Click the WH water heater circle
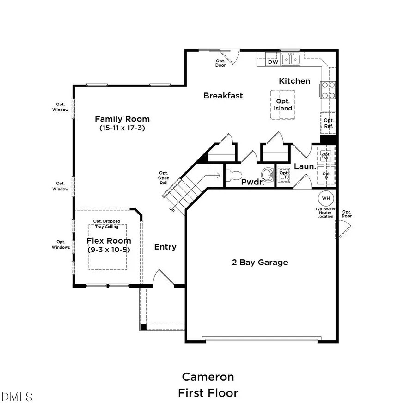click(x=326, y=198)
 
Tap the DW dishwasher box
click(x=273, y=61)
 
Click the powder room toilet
click(x=233, y=175)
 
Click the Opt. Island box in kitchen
click(x=283, y=105)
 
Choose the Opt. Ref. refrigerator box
click(x=328, y=123)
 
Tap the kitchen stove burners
click(x=329, y=90)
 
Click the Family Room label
click(x=122, y=118)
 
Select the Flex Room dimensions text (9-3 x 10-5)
click(x=109, y=250)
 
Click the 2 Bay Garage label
click(x=260, y=263)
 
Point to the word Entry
click(x=165, y=247)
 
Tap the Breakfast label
click(x=223, y=96)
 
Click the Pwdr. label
click(x=252, y=182)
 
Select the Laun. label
click(x=306, y=166)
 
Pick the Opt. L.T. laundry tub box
click(x=283, y=175)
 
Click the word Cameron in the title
click(x=208, y=377)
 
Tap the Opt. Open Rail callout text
click(x=164, y=178)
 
